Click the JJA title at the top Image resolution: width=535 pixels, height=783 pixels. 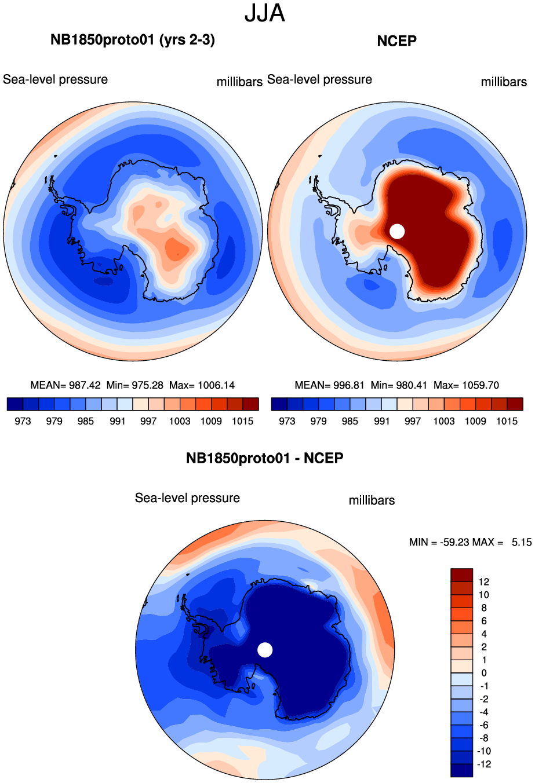click(265, 13)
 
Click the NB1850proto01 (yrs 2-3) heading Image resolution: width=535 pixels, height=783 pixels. click(133, 40)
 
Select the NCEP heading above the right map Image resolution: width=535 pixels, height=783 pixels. click(396, 41)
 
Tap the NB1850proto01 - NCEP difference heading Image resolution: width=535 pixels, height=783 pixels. click(264, 458)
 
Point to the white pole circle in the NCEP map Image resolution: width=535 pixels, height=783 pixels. click(397, 231)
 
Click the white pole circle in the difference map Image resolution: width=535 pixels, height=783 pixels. click(265, 650)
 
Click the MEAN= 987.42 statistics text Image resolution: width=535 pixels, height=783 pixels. click(65, 385)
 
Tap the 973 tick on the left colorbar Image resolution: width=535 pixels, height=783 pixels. click(23, 421)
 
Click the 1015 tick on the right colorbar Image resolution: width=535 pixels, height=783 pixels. click(507, 421)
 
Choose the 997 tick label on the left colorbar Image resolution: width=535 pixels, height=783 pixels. click(148, 421)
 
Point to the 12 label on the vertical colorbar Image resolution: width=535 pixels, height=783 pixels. click(484, 582)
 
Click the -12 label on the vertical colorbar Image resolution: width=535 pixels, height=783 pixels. click(484, 764)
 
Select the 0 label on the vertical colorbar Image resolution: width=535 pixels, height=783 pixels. click(484, 673)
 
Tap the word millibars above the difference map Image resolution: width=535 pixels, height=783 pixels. click(372, 500)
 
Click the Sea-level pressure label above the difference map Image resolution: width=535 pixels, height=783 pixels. click(187, 498)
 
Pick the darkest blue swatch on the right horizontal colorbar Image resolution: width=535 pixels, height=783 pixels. click(279, 404)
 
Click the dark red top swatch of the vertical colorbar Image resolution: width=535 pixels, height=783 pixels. click(461, 575)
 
